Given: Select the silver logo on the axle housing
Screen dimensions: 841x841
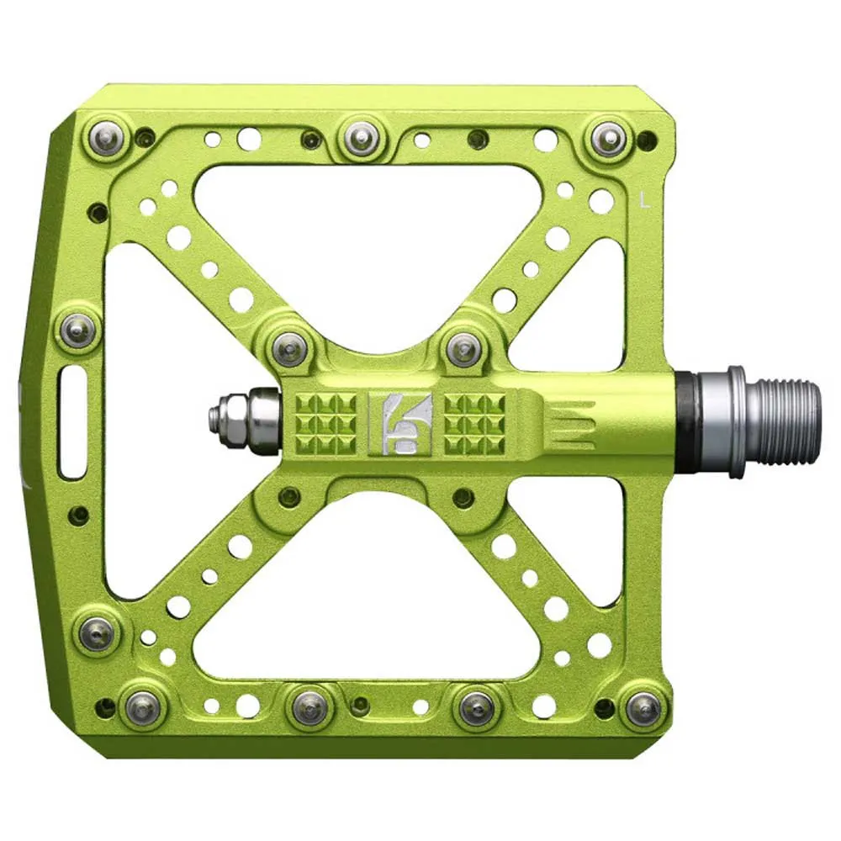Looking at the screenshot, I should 399,422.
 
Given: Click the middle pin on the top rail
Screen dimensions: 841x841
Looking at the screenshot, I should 362,139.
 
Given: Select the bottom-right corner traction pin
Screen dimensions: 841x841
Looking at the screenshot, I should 643,709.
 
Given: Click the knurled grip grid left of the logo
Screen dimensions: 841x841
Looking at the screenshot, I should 326,423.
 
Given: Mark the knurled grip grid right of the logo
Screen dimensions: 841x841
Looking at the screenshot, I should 474,423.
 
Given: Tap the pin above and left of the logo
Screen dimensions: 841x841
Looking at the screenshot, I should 290,346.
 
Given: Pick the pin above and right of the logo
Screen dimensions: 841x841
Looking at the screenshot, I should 463,348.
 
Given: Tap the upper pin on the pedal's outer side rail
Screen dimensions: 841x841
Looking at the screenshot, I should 78,330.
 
